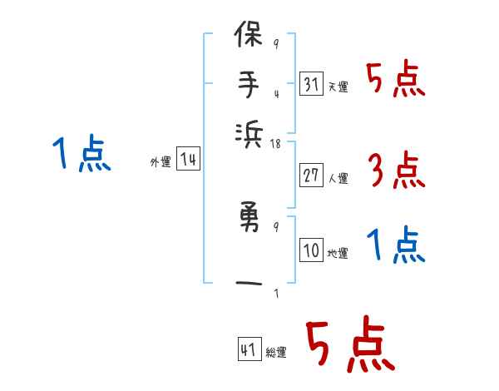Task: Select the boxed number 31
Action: pos(309,84)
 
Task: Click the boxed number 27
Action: pos(309,176)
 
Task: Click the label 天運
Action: pos(338,87)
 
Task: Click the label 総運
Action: pos(276,353)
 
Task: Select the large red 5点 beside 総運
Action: pos(348,345)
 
